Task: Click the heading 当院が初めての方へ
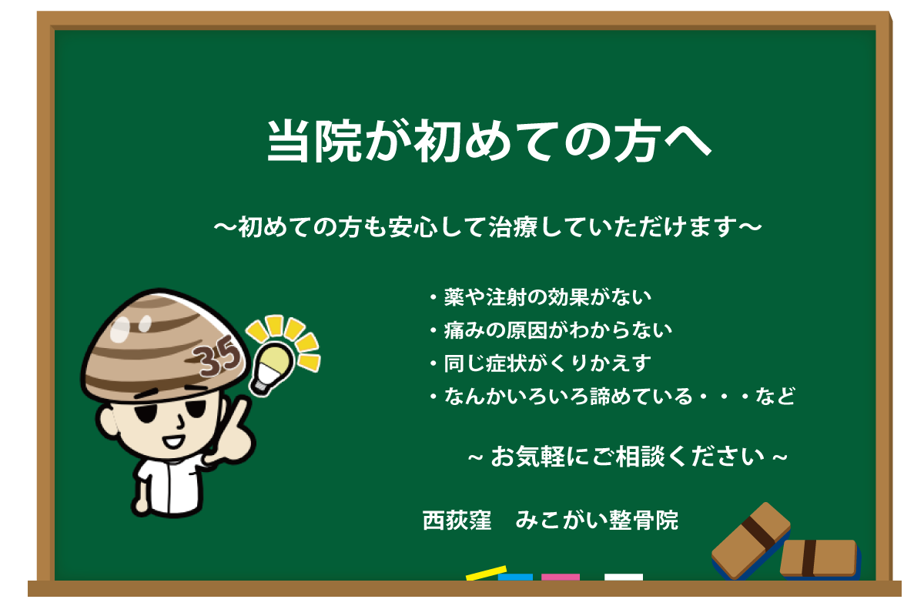tap(489, 141)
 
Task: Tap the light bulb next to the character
tap(271, 368)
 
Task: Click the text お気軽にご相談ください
tap(628, 457)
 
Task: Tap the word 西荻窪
tap(457, 521)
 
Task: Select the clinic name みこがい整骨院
tap(597, 521)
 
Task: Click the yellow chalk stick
tap(487, 574)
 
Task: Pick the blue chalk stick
tap(515, 577)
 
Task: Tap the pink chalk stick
tap(561, 577)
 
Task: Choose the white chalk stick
tap(623, 577)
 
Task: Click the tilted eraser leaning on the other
tap(751, 541)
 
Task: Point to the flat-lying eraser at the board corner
tap(820, 559)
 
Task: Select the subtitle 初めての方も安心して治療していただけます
tap(487, 227)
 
